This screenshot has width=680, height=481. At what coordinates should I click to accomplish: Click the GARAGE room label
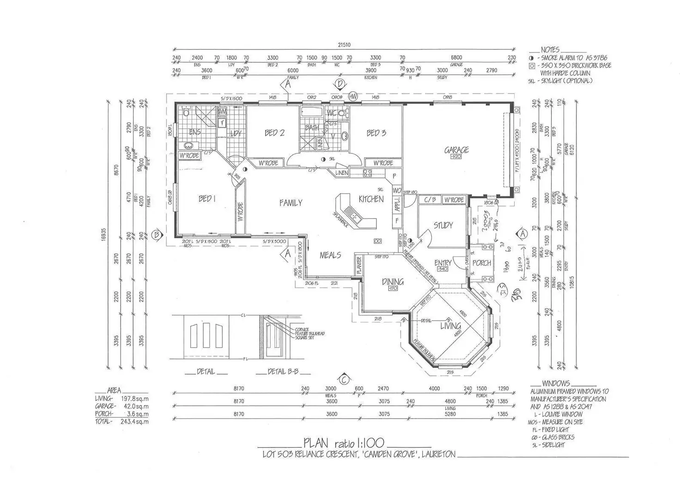point(456,150)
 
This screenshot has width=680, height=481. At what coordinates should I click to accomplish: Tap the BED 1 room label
point(206,199)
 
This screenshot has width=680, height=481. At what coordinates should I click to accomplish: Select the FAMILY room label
point(291,203)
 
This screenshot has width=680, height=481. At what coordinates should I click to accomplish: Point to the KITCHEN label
point(371,199)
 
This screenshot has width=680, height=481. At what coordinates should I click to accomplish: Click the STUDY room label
point(443,225)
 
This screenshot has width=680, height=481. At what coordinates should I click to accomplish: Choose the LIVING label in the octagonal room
point(450,326)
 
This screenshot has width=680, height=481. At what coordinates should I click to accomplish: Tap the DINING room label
point(393,281)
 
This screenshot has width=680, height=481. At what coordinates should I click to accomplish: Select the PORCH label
point(482,263)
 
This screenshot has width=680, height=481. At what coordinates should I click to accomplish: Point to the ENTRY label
point(443,263)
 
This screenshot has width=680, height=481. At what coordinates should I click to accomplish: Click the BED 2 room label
point(274,133)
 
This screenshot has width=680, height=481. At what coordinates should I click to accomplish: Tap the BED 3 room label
point(376,133)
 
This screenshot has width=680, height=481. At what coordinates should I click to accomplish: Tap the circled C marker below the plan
point(343,379)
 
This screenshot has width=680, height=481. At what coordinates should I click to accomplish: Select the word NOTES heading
point(550,49)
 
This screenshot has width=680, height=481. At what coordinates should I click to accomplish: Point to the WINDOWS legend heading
point(556,384)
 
